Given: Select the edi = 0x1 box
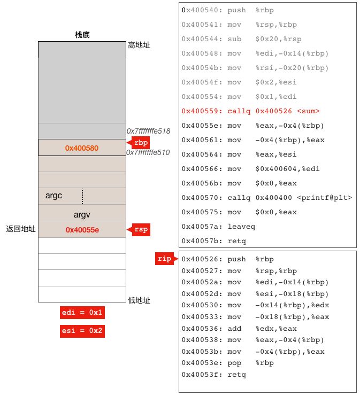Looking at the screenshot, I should pyautogui.click(x=82, y=312).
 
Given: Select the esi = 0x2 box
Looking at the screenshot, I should pyautogui.click(x=82, y=331).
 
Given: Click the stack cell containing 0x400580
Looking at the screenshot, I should pyautogui.click(x=82, y=147).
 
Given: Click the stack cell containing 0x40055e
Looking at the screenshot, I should pyautogui.click(x=82, y=230).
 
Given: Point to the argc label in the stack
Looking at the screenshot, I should pyautogui.click(x=53, y=196).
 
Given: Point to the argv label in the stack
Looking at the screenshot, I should pyautogui.click(x=82, y=214).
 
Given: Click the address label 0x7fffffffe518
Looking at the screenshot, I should pyautogui.click(x=148, y=131).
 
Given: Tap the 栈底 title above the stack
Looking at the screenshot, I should pyautogui.click(x=82, y=35).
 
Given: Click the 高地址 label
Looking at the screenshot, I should pyautogui.click(x=139, y=45).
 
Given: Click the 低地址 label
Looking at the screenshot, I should pyautogui.click(x=139, y=300).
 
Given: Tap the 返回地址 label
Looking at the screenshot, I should pyautogui.click(x=20, y=229).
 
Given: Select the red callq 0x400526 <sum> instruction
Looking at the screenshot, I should pyautogui.click(x=250, y=111).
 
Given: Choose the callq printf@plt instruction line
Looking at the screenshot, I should pyautogui.click(x=267, y=198).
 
